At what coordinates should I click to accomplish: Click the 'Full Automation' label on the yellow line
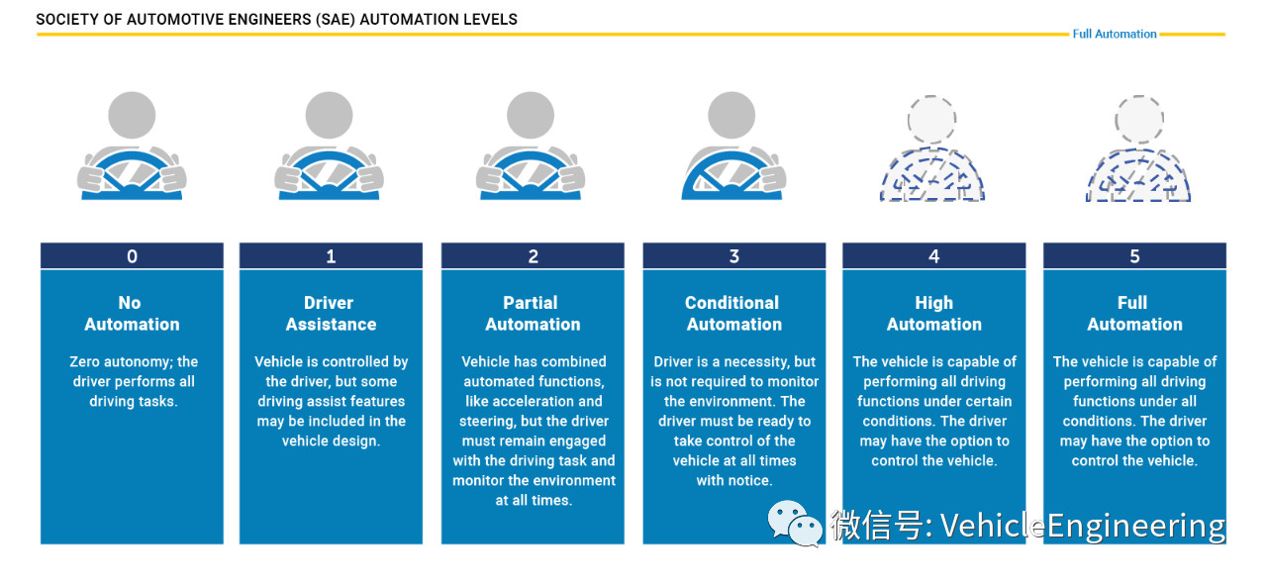(x=1114, y=34)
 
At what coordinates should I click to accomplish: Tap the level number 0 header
(x=132, y=256)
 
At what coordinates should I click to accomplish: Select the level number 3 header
(x=733, y=256)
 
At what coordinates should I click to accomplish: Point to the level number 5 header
(x=1134, y=256)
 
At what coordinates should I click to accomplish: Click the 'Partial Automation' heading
(x=533, y=313)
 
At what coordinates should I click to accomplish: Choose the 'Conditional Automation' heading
(x=733, y=313)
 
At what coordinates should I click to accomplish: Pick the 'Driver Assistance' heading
(x=331, y=313)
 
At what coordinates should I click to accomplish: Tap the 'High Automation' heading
(x=933, y=313)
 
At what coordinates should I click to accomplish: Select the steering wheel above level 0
(x=132, y=176)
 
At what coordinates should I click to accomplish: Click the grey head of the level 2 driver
(x=533, y=116)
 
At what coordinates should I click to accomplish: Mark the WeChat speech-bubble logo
(x=795, y=523)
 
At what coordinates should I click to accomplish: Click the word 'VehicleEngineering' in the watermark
(x=1082, y=525)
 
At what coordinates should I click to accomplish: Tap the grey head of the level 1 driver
(x=330, y=116)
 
